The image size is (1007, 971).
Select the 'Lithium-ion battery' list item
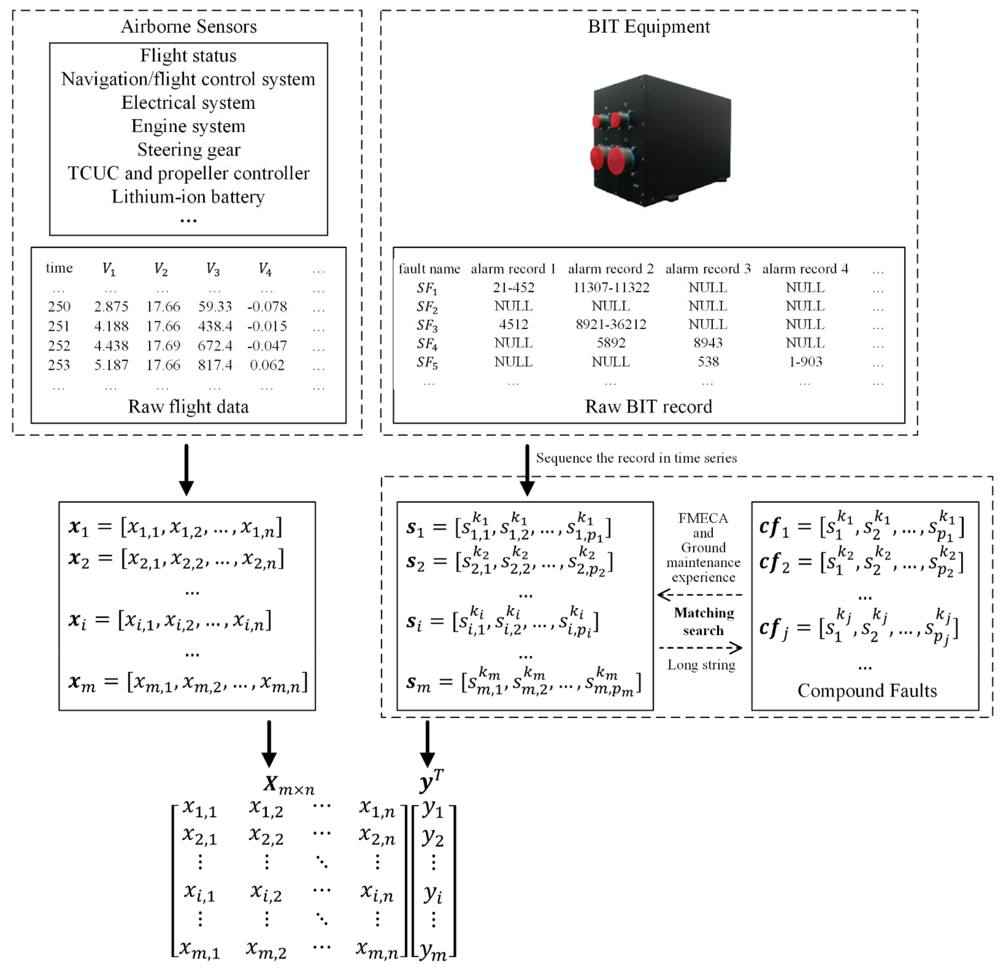coord(188,197)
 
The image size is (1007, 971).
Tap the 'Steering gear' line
coord(188,150)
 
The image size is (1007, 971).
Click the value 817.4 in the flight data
coord(215,365)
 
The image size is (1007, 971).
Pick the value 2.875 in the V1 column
coord(111,307)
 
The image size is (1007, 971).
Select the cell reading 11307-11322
coord(611,288)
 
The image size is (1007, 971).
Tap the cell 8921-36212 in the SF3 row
coord(611,325)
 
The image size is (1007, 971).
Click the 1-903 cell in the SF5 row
coord(805,362)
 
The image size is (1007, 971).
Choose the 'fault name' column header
coord(429,269)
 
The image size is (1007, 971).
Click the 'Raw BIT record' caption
coord(648,406)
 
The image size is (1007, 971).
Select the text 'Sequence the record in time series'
coord(636,458)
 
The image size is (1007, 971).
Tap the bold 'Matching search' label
coord(703,621)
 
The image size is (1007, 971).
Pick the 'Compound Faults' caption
coord(867,690)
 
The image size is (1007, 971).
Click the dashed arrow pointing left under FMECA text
coord(700,595)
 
